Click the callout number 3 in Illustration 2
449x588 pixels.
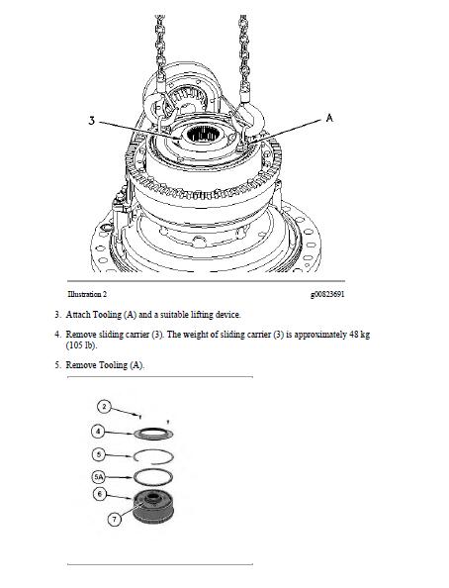[x=92, y=121]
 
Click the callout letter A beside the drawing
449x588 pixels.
[x=329, y=118]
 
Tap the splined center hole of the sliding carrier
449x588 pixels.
[x=200, y=134]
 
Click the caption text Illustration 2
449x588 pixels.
[x=87, y=294]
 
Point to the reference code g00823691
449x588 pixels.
[x=327, y=294]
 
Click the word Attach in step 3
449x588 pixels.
[x=78, y=314]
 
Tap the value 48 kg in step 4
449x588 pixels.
[x=359, y=335]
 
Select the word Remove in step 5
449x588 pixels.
[x=78, y=365]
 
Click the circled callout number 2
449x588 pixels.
[x=104, y=407]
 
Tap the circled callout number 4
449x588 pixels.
[x=98, y=432]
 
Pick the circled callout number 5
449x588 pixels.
[x=99, y=455]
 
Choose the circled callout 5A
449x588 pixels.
[x=99, y=477]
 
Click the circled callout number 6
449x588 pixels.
[x=100, y=494]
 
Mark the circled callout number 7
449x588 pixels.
[x=115, y=519]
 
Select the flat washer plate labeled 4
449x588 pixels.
[x=153, y=434]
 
